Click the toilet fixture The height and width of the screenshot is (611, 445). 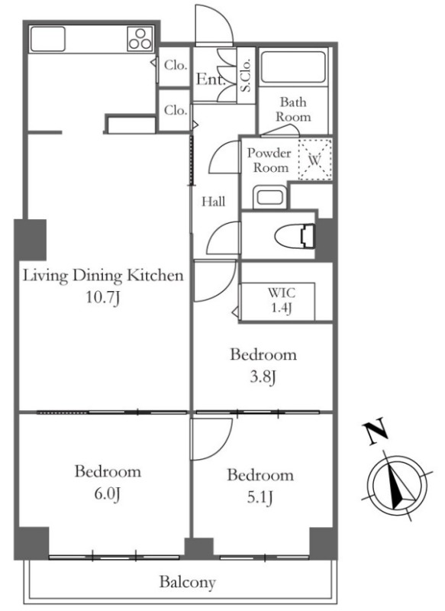tap(295, 236)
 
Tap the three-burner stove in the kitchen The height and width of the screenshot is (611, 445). tap(140, 39)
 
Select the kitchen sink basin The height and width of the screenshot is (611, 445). tap(47, 39)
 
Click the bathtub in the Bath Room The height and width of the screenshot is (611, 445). tap(293, 66)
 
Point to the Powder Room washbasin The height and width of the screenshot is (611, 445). tap(269, 197)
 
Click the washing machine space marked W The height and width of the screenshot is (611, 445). tap(315, 160)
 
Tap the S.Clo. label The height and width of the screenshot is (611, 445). tap(246, 75)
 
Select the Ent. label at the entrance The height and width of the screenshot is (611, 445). tap(211, 79)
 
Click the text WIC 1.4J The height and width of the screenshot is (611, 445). tap(281, 300)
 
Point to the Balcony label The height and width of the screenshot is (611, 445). tap(187, 583)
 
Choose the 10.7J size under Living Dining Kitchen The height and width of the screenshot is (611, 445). tap(103, 298)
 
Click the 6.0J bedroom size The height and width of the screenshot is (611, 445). tap(108, 494)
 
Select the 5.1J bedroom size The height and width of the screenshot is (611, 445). tap(260, 498)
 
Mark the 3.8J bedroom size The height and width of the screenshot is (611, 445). tap(263, 377)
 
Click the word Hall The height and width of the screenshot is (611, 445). tap(214, 202)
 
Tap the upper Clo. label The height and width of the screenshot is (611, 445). tap(176, 65)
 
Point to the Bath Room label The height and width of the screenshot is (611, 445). tap(293, 109)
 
